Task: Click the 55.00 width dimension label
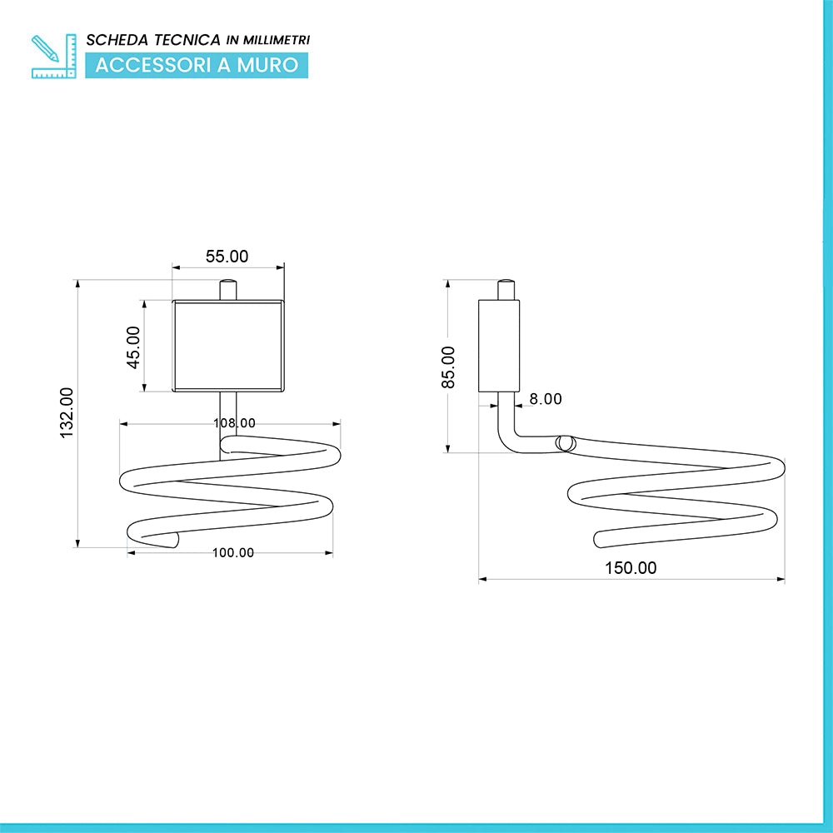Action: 227,257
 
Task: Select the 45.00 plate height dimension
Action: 133,347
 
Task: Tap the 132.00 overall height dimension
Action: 67,413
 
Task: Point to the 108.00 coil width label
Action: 234,423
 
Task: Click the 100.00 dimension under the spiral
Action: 233,552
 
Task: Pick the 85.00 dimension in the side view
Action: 448,367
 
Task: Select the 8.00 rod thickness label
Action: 546,399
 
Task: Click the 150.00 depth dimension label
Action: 631,568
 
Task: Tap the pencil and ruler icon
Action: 53,57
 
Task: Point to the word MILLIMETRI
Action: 277,40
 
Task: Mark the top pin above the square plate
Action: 228,290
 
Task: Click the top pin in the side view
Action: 506,290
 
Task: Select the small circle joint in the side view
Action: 566,444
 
